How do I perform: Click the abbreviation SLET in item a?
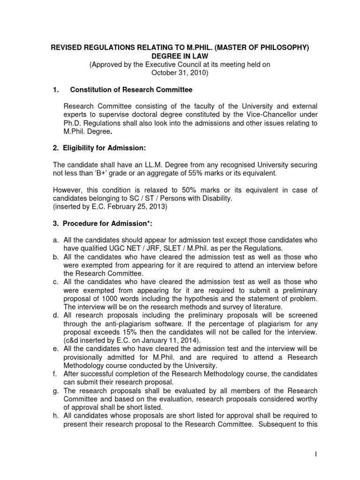tap(151, 248)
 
